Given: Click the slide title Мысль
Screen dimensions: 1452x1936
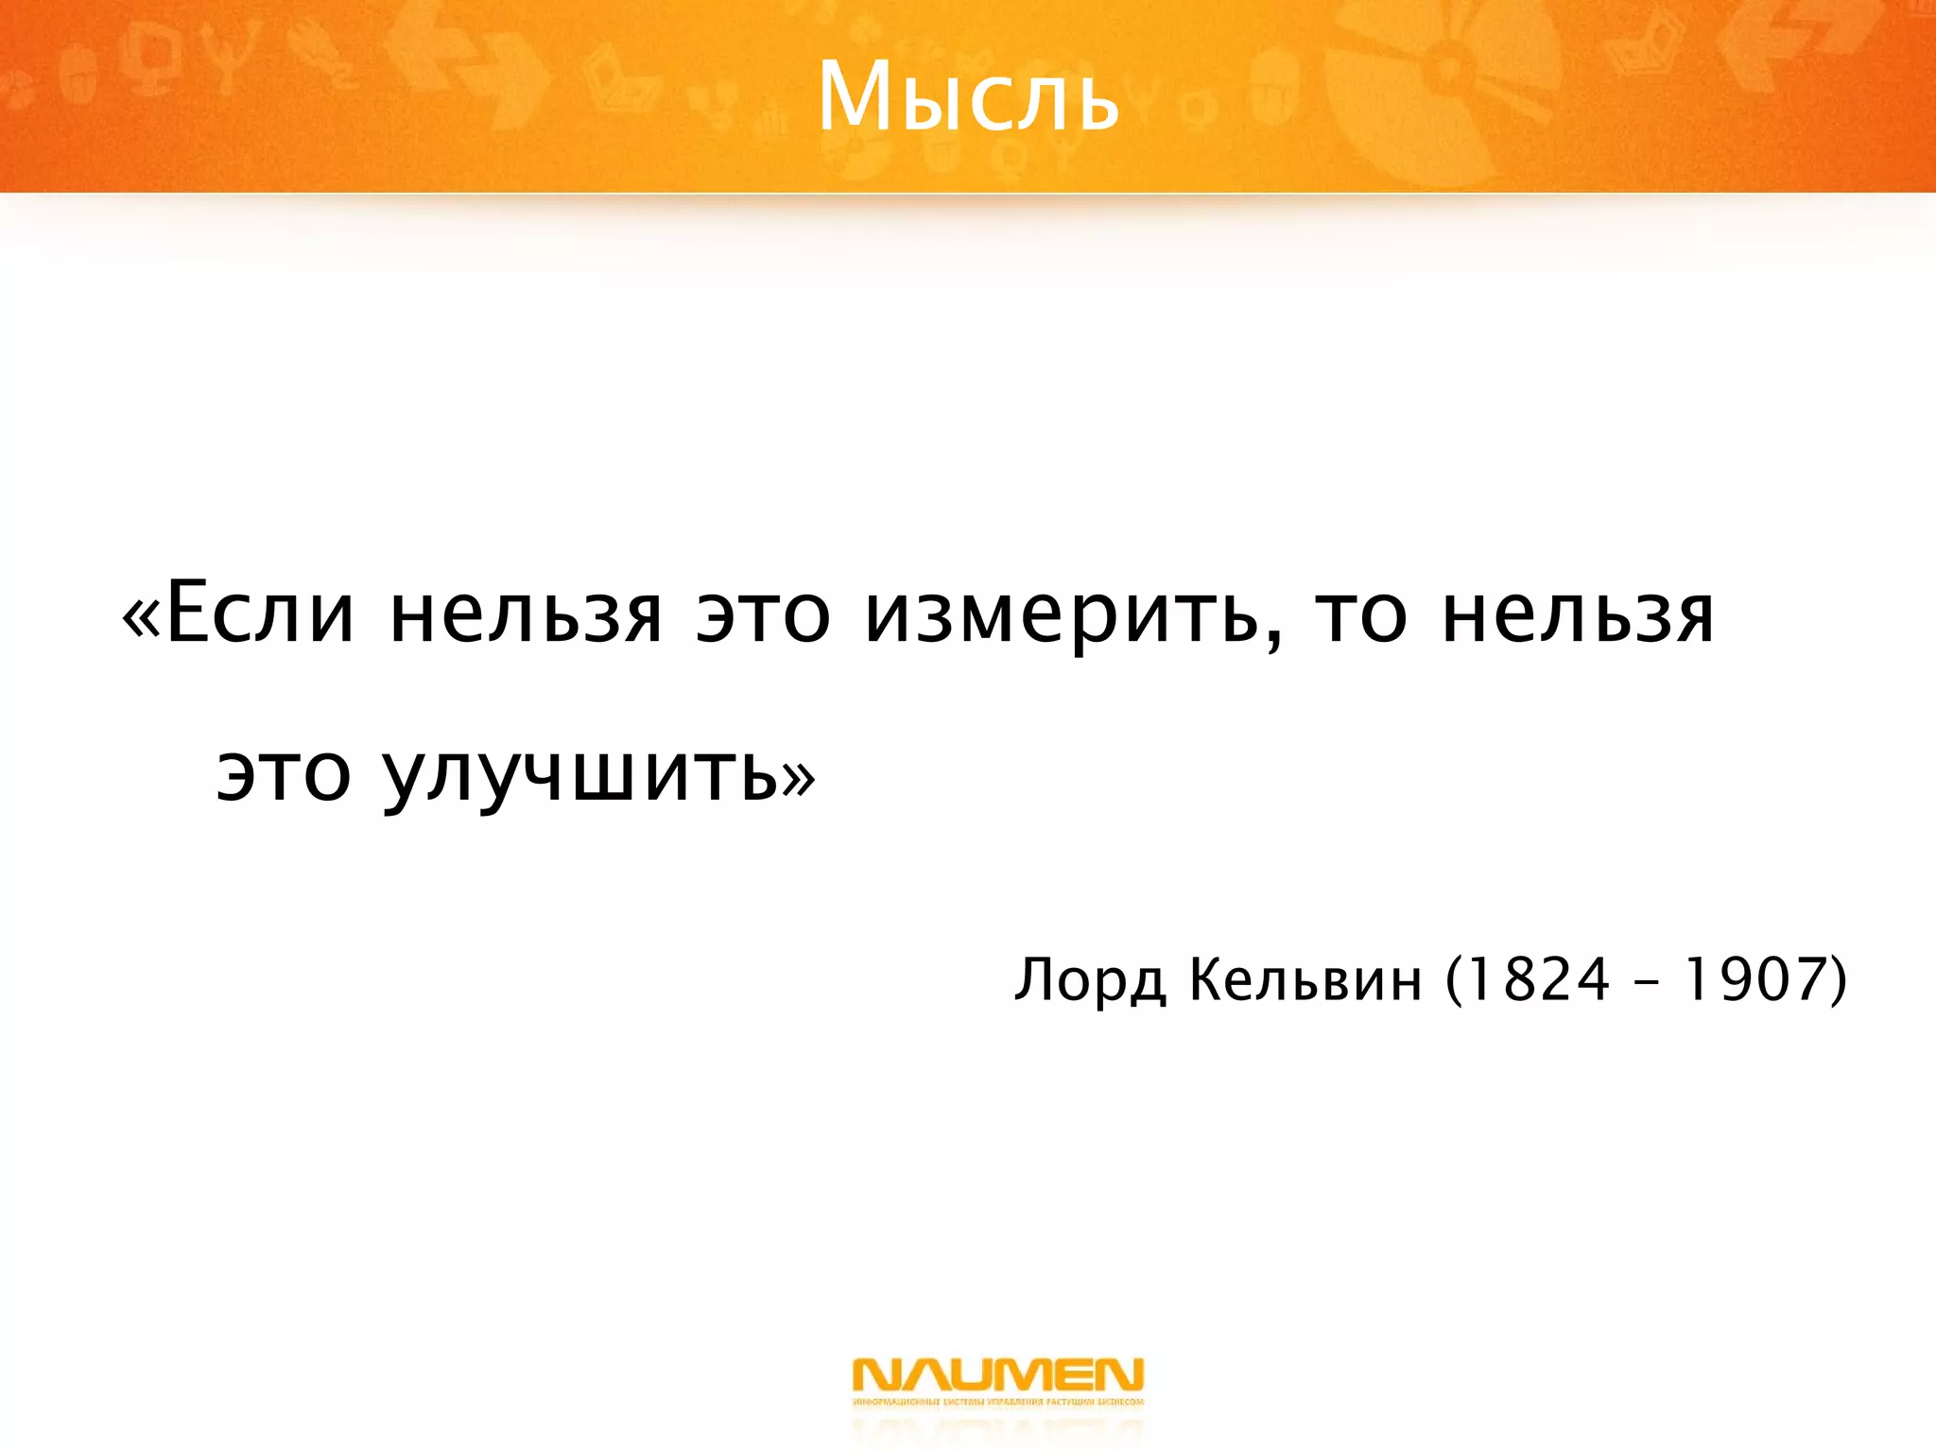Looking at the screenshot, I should coord(968,96).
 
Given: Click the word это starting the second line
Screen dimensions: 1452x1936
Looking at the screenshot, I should coord(284,775).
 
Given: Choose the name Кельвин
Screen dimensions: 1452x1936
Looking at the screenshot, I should coord(1305,980).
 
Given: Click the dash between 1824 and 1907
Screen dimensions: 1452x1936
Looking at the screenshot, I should coord(1645,982).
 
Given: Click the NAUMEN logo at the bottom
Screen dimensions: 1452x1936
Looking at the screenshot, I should coord(997,1374).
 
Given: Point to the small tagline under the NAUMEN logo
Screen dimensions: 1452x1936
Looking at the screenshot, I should coord(997,1402).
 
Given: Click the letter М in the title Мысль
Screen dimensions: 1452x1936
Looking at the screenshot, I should coord(856,96).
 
